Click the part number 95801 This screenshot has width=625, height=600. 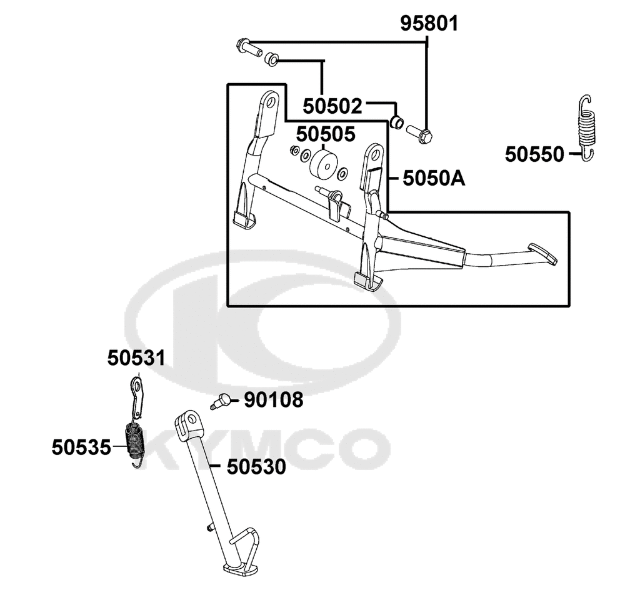[429, 24]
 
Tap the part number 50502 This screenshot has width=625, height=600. [332, 106]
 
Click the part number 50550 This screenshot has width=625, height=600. [534, 154]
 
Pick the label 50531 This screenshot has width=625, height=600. [136, 358]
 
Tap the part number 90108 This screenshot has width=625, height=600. [274, 399]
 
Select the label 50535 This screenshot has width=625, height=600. [81, 447]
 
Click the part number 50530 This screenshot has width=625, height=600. [256, 466]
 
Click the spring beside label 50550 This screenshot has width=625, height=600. [587, 127]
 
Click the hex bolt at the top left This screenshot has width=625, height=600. [249, 48]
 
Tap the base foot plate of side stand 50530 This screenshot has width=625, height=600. [238, 567]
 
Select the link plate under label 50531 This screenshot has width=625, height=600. [137, 397]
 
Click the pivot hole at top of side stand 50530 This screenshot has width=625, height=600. [195, 419]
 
